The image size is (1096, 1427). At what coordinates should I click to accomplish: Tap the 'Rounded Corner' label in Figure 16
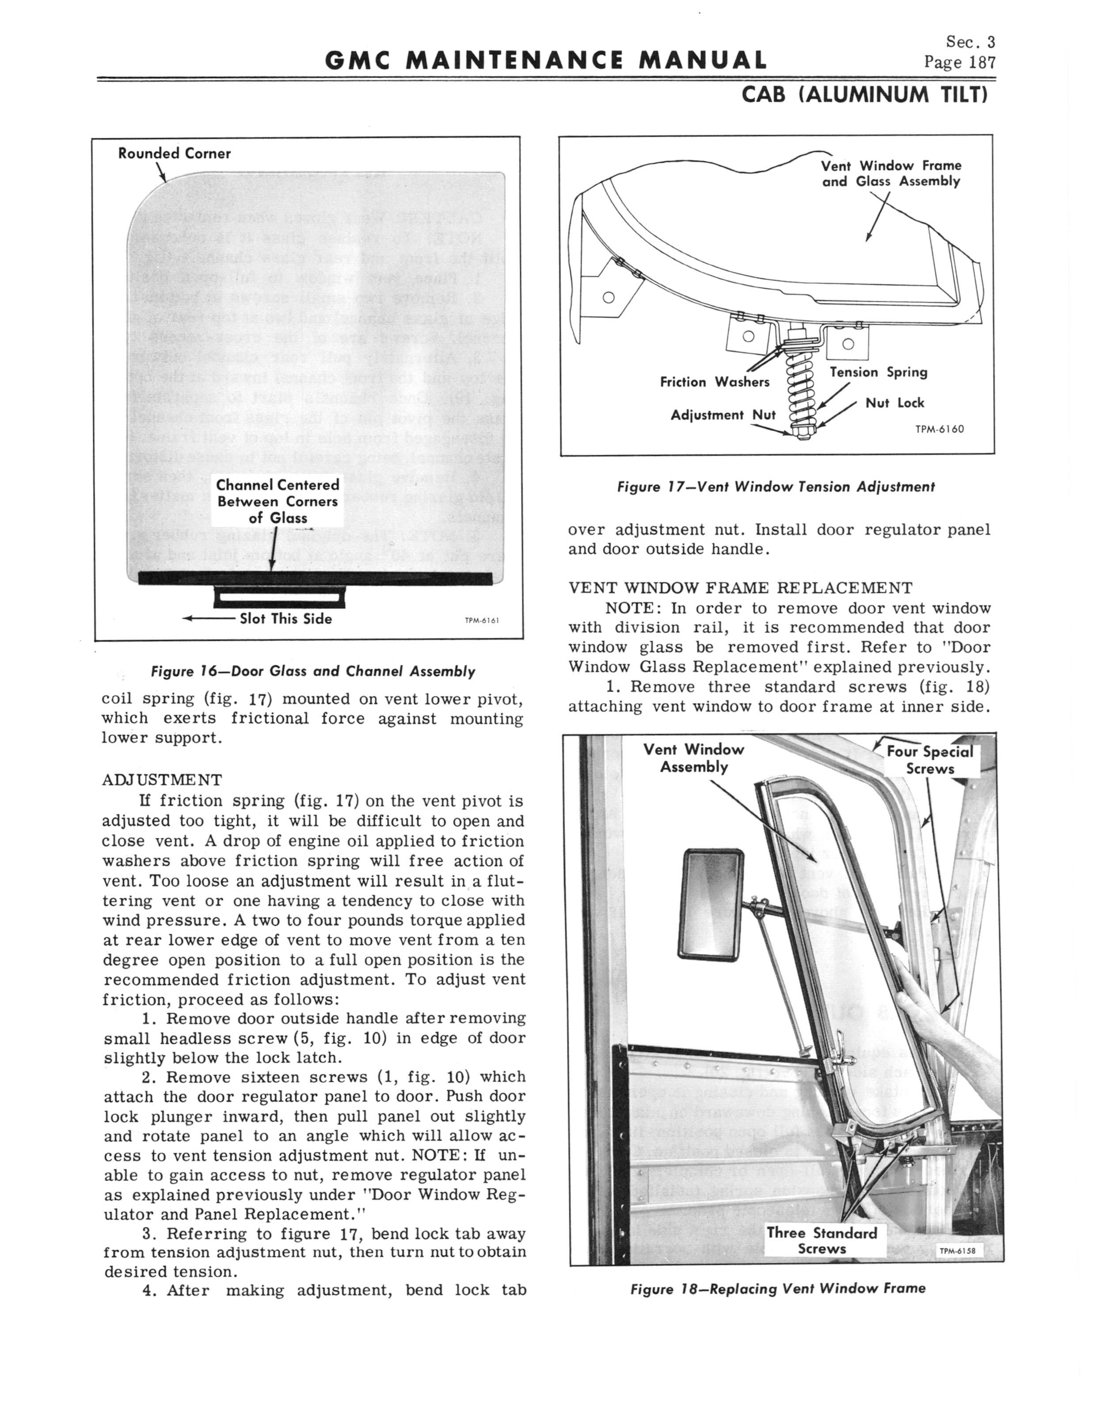[174, 153]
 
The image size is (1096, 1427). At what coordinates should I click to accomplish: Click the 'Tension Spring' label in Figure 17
[878, 373]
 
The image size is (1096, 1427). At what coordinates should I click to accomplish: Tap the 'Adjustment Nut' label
[723, 415]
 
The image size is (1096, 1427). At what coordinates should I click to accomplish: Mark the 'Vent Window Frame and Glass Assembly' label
[891, 174]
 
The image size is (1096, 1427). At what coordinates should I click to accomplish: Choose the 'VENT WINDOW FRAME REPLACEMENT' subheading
[740, 588]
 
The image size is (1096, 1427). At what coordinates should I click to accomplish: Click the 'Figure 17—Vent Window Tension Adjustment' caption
[776, 487]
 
